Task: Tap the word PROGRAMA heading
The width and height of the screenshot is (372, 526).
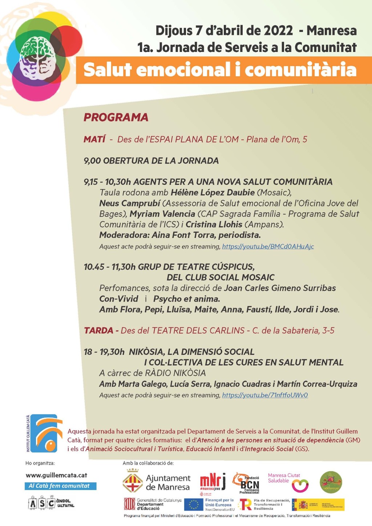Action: [x=116, y=117]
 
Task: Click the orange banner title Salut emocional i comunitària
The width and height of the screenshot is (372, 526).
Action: [x=220, y=70]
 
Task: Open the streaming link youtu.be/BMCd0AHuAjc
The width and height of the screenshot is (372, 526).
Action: [x=268, y=247]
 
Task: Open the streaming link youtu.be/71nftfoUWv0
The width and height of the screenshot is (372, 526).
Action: [x=265, y=395]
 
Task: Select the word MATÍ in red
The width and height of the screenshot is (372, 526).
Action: [x=94, y=139]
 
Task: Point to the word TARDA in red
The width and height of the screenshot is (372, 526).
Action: [x=98, y=331]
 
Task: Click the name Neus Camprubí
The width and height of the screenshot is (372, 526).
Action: [x=130, y=203]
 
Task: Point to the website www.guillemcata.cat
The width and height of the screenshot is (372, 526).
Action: [x=56, y=475]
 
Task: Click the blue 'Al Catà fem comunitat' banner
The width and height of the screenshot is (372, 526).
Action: [x=61, y=486]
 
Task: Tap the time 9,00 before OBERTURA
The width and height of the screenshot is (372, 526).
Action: [x=92, y=161]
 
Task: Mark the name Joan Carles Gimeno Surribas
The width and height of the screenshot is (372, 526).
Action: [x=279, y=288]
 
